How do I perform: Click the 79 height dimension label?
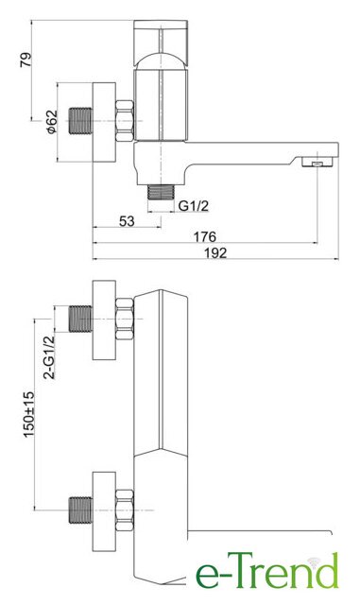(26, 60)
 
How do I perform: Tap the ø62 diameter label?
(52, 122)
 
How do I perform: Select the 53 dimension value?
(127, 221)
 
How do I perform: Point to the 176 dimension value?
(204, 236)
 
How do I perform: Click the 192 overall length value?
(215, 252)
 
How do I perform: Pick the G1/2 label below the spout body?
(194, 206)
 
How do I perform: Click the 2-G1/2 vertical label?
(49, 357)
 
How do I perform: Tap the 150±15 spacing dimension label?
(29, 414)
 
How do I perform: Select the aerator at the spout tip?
(317, 162)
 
